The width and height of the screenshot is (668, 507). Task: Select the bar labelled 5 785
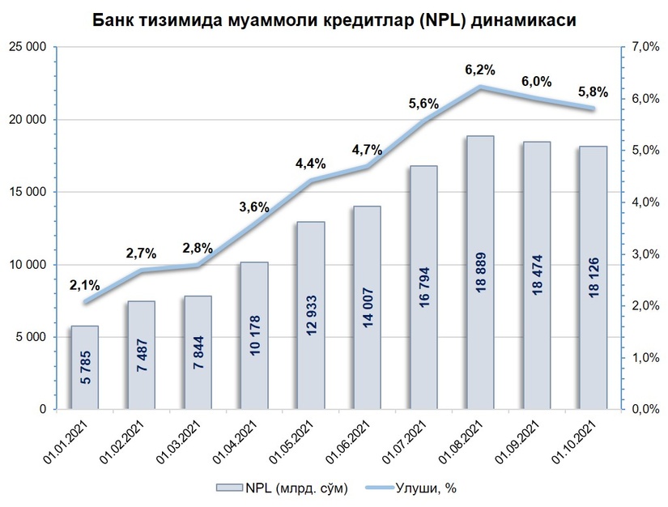(86, 368)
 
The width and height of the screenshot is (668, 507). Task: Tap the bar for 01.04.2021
(254, 335)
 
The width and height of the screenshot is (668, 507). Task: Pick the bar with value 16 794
(423, 288)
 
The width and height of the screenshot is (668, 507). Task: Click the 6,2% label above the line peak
(479, 70)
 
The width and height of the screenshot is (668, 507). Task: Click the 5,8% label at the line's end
(593, 92)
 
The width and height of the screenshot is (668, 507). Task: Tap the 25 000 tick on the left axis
(29, 48)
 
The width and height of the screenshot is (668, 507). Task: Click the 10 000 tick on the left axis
(29, 265)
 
